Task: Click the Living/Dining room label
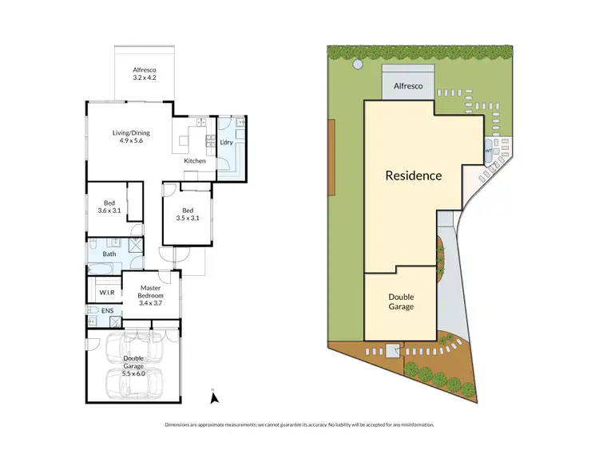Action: [130, 136]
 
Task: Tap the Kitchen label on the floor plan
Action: [195, 161]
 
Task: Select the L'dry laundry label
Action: [227, 143]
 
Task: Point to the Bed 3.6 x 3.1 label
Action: [109, 207]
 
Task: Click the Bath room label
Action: [109, 254]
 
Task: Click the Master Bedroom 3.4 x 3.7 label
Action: [152, 294]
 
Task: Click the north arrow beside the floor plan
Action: [213, 394]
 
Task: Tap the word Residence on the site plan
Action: [413, 175]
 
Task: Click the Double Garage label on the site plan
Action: [402, 301]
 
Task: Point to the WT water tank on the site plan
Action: [488, 149]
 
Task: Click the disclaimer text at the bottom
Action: [299, 424]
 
